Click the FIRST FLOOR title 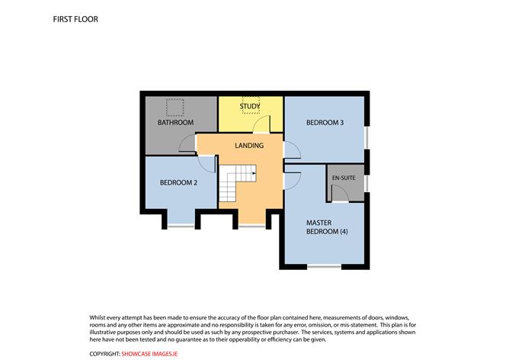(75, 19)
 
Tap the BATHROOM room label (175, 123)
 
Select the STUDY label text (250, 106)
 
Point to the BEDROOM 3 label (325, 123)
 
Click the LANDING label (249, 145)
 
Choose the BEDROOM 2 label (178, 182)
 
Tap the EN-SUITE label (344, 178)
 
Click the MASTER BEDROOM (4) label (327, 227)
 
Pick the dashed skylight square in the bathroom (175, 108)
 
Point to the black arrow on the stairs (254, 173)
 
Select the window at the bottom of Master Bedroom (325, 266)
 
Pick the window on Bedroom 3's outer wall (367, 138)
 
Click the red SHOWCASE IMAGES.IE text (149, 354)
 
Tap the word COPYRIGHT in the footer (104, 354)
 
